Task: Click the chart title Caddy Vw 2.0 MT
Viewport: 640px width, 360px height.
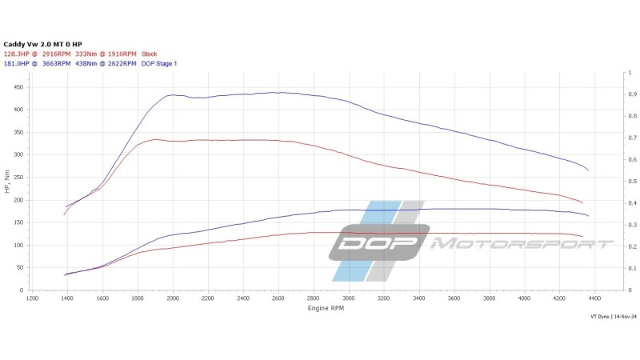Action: pos(34,44)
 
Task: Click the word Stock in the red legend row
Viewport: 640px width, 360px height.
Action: pos(150,54)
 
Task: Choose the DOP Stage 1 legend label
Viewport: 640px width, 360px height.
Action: pos(159,64)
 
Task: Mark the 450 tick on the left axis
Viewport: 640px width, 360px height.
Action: pos(18,87)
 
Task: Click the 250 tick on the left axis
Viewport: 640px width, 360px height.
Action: pos(18,178)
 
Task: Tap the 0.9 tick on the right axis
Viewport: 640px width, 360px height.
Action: pos(633,94)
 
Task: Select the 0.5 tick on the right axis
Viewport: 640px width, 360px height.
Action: pos(633,182)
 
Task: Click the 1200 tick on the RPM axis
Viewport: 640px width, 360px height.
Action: pos(32,298)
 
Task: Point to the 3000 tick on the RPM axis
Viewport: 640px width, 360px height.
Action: pos(349,298)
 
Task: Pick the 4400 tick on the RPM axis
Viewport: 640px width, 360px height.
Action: pos(594,298)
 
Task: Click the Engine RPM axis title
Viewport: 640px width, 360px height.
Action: pos(326,308)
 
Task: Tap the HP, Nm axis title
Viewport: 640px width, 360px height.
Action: pos(7,182)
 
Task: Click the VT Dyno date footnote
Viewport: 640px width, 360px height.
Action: pos(614,317)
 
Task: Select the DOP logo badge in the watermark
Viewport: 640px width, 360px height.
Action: pos(379,242)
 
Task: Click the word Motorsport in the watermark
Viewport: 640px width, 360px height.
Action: pos(522,244)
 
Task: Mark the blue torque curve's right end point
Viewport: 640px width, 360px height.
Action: pos(588,170)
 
